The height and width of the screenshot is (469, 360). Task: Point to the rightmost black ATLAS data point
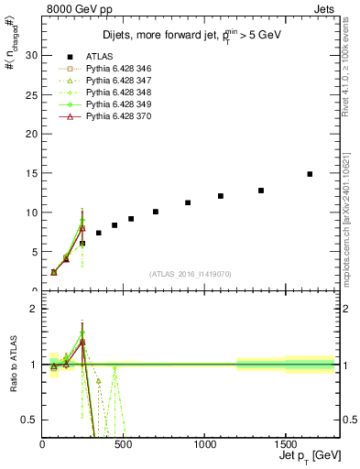tap(310, 174)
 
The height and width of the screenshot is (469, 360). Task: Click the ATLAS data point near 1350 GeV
tap(261, 191)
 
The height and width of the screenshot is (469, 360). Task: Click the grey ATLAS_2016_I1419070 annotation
tap(191, 274)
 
